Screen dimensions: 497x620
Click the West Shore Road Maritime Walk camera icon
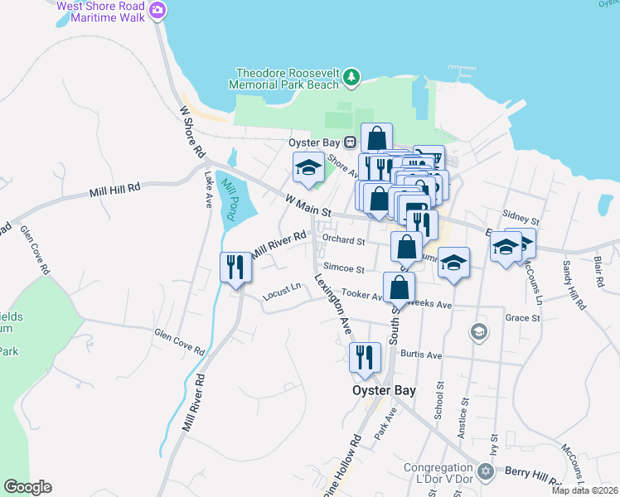coord(158,11)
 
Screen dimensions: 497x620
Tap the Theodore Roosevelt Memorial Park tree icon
coord(353,77)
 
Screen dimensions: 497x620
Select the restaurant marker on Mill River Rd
coord(235,267)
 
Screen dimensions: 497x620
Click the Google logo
coord(27,487)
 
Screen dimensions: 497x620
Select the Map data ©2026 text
coord(585,490)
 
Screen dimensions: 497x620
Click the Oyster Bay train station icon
coord(351,142)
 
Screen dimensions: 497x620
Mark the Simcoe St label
coord(344,268)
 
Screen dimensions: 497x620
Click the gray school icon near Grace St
coord(477,332)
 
